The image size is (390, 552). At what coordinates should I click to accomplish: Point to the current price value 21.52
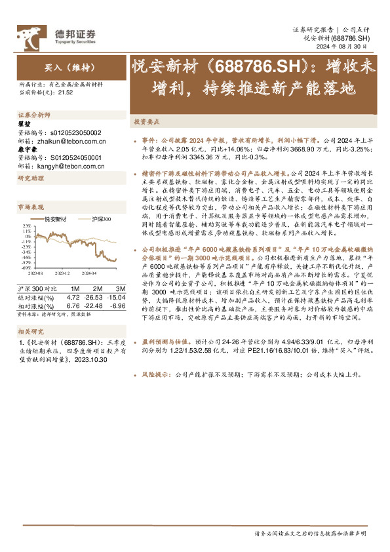pyautogui.click(x=64, y=92)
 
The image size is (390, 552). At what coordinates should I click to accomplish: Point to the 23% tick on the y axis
pyautogui.click(x=27, y=226)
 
